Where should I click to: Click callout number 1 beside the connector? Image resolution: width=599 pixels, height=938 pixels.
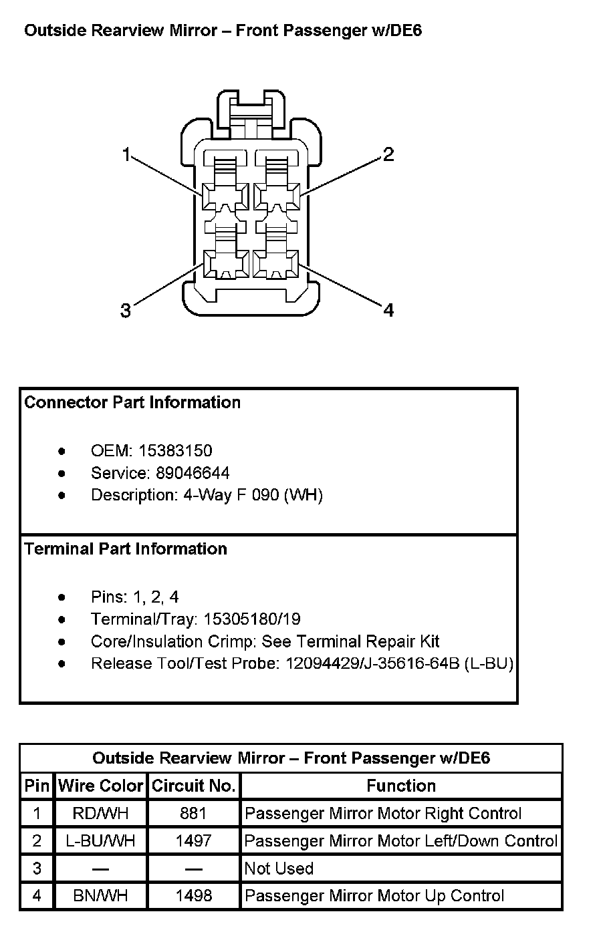coord(126,154)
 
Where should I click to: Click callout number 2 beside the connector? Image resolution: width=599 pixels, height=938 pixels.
coord(388,155)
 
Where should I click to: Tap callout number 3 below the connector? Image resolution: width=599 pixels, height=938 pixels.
coord(126,311)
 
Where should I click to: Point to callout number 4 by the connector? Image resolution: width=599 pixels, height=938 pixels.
coord(388,310)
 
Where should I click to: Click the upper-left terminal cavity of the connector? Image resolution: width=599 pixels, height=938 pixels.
coord(225,197)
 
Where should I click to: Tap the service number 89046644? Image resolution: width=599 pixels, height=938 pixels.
coord(193,473)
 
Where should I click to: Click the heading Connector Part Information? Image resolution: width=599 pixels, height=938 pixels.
coord(132,402)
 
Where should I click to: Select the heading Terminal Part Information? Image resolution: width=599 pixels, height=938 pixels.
coord(126,549)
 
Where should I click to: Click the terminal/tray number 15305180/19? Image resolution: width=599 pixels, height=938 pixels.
coord(252,619)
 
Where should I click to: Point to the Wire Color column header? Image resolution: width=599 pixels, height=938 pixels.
coord(101,786)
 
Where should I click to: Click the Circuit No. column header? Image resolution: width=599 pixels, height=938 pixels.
coord(194,786)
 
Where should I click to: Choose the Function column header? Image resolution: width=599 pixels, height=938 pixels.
coord(401,786)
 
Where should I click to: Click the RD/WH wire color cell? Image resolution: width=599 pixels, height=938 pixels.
coord(101,813)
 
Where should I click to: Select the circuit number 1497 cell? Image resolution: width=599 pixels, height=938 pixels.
coord(194,840)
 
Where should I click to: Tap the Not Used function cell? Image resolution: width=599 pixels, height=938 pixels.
coord(279,868)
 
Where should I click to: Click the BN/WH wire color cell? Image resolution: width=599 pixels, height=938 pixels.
coord(101,895)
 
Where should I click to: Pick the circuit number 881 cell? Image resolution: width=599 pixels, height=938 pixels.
coord(194,813)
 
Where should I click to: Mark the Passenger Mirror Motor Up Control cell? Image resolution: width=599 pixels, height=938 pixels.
coord(374,895)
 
